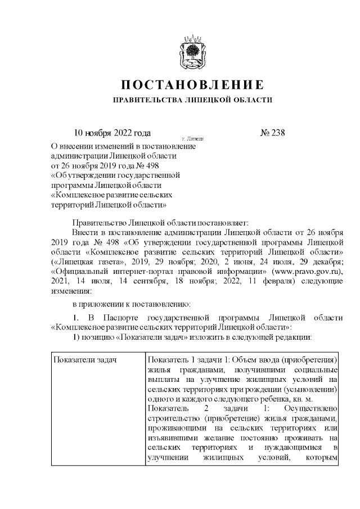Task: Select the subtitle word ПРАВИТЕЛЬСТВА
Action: coord(146,101)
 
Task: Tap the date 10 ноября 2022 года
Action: coord(113,133)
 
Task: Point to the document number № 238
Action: coord(272,133)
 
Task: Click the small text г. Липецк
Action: coord(193,138)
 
